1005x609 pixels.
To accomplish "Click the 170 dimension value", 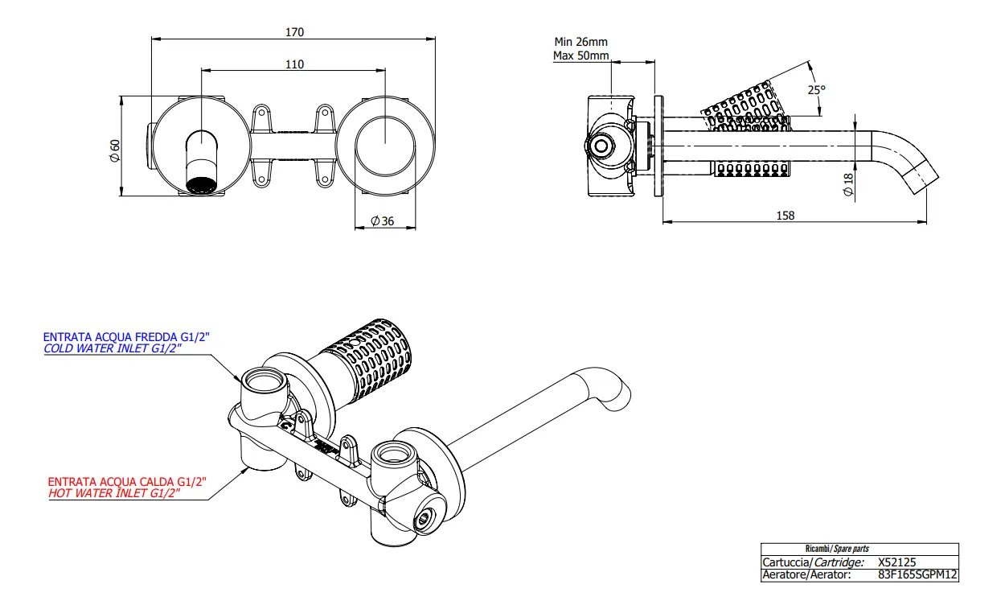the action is click(294, 32).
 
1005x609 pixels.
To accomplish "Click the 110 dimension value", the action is click(294, 64).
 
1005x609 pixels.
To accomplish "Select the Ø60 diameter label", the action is click(115, 150).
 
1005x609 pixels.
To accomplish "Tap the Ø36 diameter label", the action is click(382, 220).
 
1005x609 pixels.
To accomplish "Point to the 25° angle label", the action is click(817, 90).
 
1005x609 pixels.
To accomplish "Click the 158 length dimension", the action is click(786, 216).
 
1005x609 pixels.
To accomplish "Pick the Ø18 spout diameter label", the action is click(848, 185).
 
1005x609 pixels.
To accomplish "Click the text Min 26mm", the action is click(580, 42).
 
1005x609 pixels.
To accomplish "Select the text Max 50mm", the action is click(580, 56).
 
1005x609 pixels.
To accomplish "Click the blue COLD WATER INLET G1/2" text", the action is click(113, 348).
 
